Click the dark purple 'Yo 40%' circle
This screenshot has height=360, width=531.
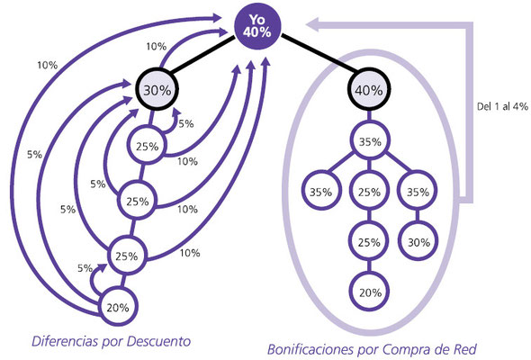[257, 26]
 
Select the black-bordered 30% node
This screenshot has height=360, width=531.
[157, 90]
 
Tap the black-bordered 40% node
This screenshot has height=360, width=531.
[369, 90]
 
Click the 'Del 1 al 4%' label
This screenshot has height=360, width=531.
[502, 107]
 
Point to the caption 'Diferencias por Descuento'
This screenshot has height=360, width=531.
[111, 341]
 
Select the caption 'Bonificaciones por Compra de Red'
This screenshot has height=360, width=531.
[372, 349]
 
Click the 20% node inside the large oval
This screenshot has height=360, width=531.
[370, 292]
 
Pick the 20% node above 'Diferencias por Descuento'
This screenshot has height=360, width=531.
[118, 307]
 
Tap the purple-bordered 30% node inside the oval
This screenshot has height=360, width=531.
[418, 242]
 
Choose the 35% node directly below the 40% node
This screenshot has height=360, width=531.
[370, 141]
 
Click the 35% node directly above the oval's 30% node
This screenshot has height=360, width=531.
[418, 192]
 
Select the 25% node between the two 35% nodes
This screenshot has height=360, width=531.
[369, 192]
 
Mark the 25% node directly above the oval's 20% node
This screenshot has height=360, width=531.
[369, 242]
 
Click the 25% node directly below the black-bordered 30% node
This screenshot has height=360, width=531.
[148, 146]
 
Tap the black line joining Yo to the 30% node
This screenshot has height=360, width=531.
[202, 55]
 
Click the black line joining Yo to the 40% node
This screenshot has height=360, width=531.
[319, 53]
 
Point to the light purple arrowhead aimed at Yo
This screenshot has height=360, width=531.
[312, 24]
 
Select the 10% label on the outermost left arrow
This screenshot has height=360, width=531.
[48, 65]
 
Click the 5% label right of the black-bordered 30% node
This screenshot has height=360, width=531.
[186, 124]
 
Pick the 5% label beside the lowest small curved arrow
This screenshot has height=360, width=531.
[85, 268]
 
